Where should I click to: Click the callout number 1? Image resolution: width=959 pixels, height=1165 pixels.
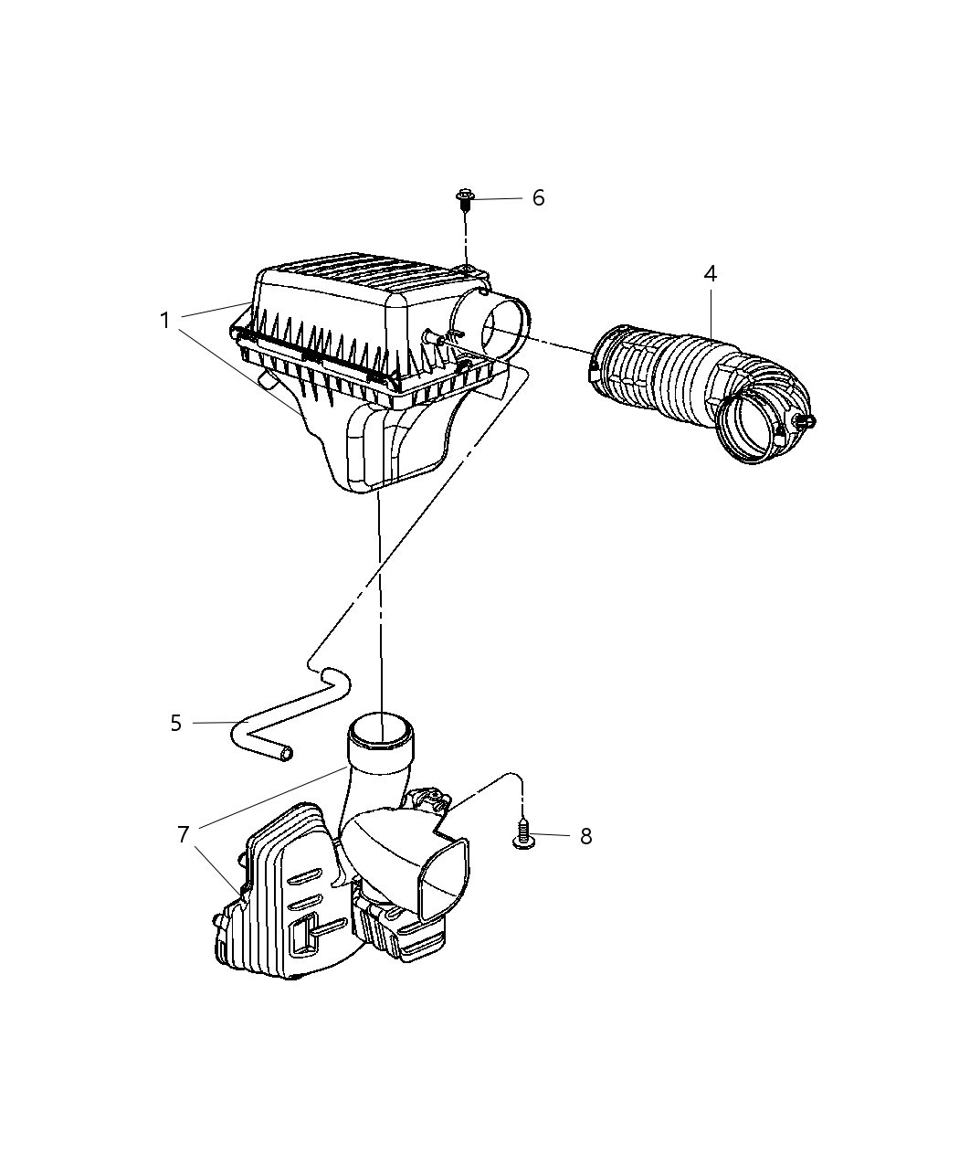coord(164,321)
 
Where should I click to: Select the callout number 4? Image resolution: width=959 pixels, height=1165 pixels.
coord(710,273)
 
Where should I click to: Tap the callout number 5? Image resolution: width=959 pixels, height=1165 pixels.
coord(176,723)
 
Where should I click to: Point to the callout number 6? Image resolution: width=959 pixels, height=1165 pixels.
coord(538,198)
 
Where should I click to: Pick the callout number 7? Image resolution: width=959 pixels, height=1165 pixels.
coord(183,833)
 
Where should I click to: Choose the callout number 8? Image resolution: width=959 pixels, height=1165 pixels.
coord(585,836)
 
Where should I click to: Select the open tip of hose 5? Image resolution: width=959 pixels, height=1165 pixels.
coord(288,752)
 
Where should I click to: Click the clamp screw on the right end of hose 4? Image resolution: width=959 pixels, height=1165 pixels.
coord(805,421)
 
